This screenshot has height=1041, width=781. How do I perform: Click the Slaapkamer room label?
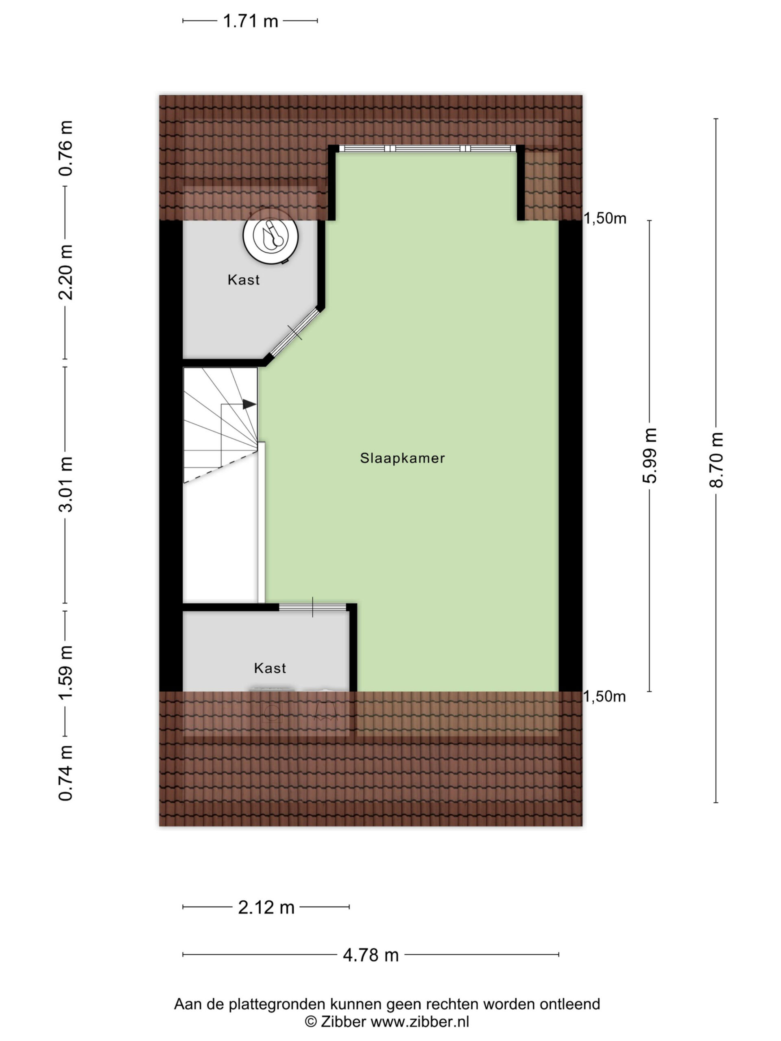click(402, 458)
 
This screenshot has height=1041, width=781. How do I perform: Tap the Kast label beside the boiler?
click(243, 280)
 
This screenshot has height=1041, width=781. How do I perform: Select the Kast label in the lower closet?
click(270, 668)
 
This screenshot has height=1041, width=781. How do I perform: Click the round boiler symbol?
click(271, 236)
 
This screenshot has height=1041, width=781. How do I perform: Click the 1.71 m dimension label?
click(251, 21)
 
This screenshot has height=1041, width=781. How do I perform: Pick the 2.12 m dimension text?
click(266, 907)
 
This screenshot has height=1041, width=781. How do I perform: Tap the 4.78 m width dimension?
click(371, 955)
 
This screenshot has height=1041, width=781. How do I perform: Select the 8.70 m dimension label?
click(716, 460)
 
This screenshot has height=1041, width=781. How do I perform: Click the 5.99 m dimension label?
click(649, 455)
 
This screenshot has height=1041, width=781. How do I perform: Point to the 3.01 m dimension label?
click(65, 484)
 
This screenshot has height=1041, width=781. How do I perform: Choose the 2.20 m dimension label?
click(65, 272)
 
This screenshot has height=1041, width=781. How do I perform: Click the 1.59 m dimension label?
click(65, 673)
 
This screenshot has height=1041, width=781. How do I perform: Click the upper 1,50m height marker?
click(605, 218)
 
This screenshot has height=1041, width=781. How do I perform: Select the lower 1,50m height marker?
click(604, 696)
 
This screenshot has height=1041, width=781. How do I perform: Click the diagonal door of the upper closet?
click(294, 332)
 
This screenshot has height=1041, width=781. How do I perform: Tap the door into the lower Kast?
click(312, 607)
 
